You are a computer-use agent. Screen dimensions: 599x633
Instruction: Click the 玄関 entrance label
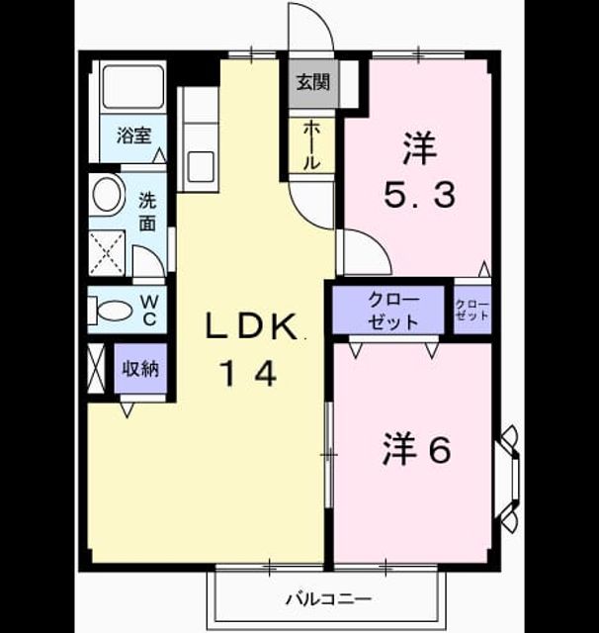(x=313, y=83)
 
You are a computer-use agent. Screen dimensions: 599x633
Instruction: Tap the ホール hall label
(x=311, y=145)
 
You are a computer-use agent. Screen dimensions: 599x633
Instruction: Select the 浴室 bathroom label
(x=133, y=136)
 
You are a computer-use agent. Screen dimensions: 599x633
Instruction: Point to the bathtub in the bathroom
(x=133, y=87)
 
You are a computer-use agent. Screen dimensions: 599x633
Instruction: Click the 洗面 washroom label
(x=147, y=212)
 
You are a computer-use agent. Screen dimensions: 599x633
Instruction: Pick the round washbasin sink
(x=107, y=195)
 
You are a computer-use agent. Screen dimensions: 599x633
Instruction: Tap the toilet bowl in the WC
(x=114, y=311)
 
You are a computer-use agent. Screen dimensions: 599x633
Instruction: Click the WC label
(x=149, y=311)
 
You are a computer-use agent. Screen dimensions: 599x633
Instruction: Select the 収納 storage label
(x=140, y=368)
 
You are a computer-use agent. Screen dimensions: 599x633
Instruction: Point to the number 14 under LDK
(x=248, y=374)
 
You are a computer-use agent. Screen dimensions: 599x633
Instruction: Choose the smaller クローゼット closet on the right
(x=472, y=310)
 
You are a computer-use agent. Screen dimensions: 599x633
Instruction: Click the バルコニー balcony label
(x=328, y=599)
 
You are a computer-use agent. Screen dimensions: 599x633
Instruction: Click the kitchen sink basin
(x=201, y=167)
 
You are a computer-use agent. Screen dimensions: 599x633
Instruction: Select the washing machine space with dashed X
(x=107, y=253)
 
